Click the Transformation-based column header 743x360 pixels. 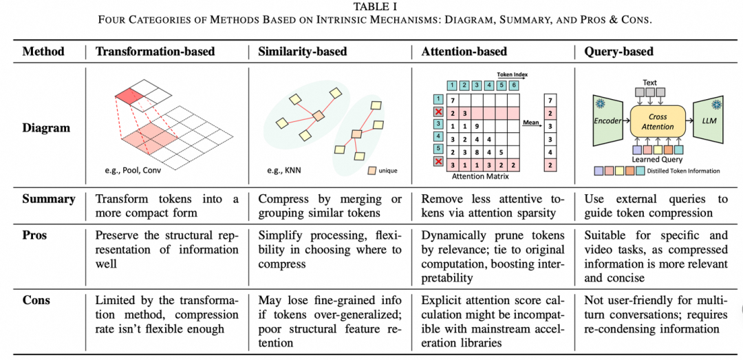coord(155,51)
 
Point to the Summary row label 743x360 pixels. coord(49,199)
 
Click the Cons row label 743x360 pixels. coord(36,301)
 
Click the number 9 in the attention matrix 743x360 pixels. coord(476,127)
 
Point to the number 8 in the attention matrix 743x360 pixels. coord(476,153)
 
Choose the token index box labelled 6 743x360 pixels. coord(513,85)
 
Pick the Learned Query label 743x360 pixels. coord(657,160)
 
